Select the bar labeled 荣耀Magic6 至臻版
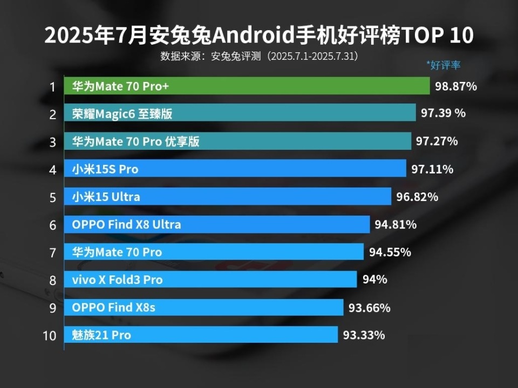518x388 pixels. pyautogui.click(x=240, y=113)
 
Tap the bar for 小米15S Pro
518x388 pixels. pyautogui.click(x=235, y=169)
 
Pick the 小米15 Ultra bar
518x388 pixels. pyautogui.click(x=227, y=197)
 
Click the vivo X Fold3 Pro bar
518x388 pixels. pyautogui.click(x=210, y=280)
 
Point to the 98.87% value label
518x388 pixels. pyautogui.click(x=456, y=86)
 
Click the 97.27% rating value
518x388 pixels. pyautogui.click(x=437, y=141)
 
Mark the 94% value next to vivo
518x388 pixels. pyautogui.click(x=374, y=280)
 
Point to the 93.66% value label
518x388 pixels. pyautogui.click(x=369, y=308)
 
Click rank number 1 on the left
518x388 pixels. pyautogui.click(x=52, y=87)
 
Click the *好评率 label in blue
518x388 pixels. pyautogui.click(x=443, y=65)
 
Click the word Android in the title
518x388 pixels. pyautogui.click(x=254, y=36)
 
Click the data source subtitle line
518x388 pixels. pyautogui.click(x=259, y=56)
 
